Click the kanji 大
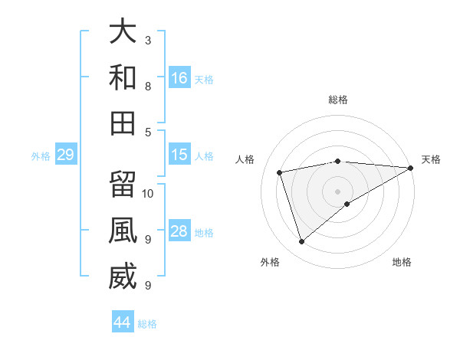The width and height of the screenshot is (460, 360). click(123, 31)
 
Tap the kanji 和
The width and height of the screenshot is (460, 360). click(123, 77)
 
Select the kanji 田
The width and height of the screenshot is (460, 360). click(123, 123)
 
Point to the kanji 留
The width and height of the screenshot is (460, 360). click(123, 185)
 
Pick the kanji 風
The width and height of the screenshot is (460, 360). click(123, 231)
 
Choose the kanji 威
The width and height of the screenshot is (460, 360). click(123, 277)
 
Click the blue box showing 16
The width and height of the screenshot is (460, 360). click(179, 77)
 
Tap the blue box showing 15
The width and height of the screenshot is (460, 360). click(179, 155)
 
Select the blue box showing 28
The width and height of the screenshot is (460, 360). click(179, 231)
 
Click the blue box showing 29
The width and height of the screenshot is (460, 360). click(65, 155)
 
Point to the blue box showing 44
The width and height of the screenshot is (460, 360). click(123, 322)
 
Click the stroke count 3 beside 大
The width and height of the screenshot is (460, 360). click(148, 40)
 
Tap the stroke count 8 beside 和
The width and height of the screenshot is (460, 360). click(148, 86)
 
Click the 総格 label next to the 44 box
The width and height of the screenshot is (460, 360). click(147, 324)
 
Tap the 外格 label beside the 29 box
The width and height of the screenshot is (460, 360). click(41, 156)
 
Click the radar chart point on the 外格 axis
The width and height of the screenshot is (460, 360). click(301, 242)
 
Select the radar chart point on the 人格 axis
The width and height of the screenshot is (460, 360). click(281, 172)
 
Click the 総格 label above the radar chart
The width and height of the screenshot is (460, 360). click(338, 100)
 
